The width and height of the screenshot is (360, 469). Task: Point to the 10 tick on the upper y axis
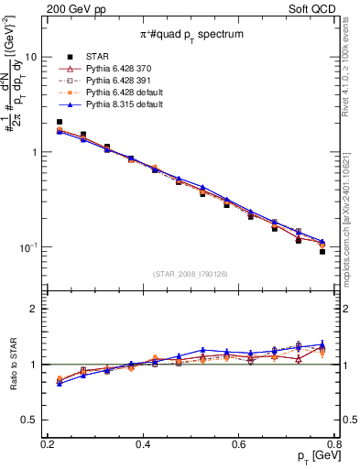click(x=30, y=57)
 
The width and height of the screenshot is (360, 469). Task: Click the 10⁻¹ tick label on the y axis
click(x=28, y=248)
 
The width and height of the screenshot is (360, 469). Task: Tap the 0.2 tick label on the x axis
click(x=48, y=444)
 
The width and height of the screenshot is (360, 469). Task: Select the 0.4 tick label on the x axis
click(x=143, y=444)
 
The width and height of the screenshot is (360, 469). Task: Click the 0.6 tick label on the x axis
click(x=239, y=444)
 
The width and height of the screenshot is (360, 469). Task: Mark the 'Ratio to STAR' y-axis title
click(x=13, y=365)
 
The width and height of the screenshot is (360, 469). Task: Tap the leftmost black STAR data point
click(x=60, y=122)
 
